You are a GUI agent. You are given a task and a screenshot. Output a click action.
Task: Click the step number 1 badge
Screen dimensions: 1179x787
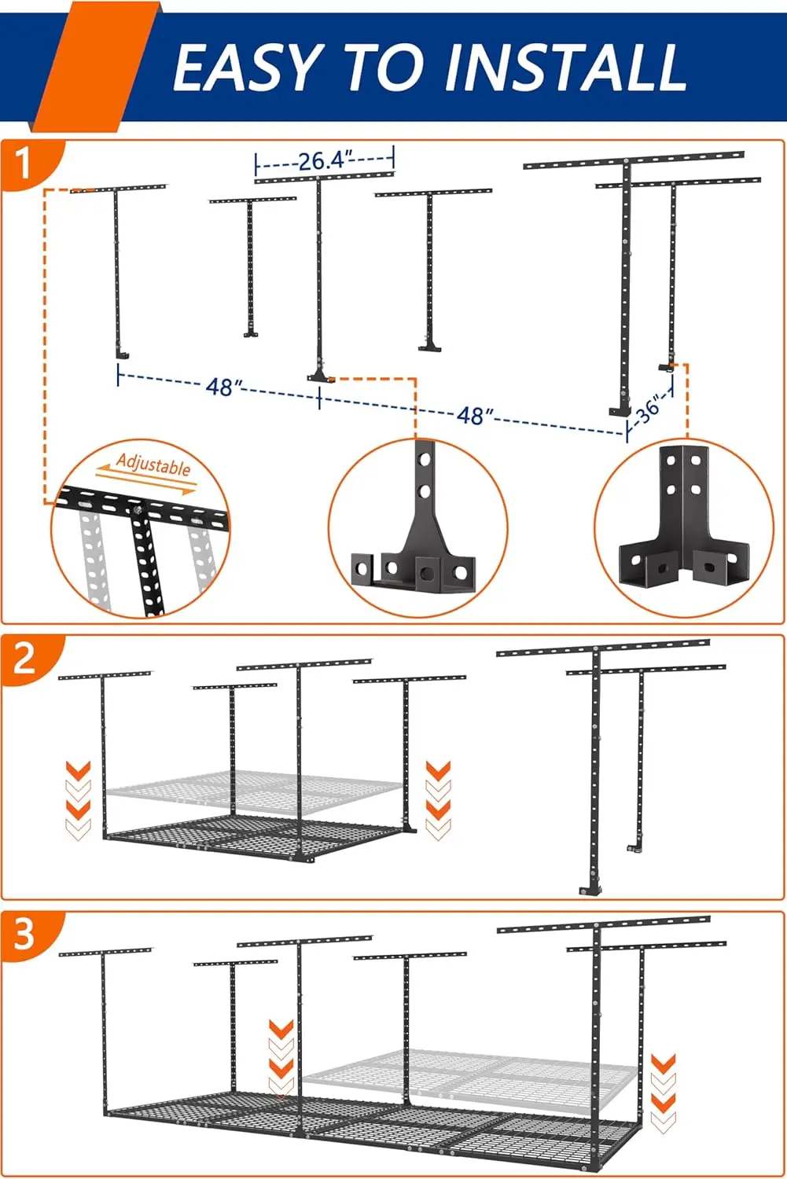point(24,163)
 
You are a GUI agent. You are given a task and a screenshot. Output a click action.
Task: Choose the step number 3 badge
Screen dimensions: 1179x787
point(24,933)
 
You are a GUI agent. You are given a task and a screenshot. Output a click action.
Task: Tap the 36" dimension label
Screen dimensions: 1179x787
point(649,409)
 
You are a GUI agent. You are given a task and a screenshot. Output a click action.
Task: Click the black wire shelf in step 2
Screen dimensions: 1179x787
point(259,838)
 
